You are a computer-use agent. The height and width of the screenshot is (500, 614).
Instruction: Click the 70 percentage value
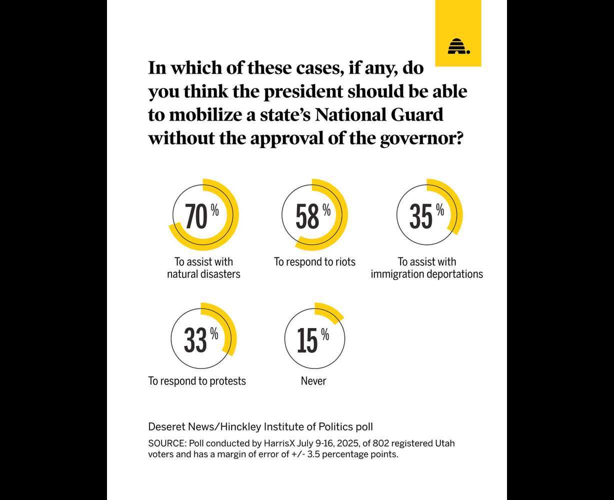196,216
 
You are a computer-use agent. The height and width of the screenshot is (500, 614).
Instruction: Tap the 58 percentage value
307,216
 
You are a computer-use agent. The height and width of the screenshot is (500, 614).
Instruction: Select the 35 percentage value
421,216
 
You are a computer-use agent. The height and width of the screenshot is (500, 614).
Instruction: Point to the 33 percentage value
195,340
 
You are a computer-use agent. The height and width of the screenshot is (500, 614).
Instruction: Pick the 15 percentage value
307,340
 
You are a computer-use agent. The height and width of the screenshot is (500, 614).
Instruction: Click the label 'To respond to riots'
314,261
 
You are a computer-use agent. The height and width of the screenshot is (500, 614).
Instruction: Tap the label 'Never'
313,381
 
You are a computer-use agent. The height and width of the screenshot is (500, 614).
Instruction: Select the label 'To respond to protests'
197,381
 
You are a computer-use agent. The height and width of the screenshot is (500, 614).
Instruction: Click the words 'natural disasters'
203,274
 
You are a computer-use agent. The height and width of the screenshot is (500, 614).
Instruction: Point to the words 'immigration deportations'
427,274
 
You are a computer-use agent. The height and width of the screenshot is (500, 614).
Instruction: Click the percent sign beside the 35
440,210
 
